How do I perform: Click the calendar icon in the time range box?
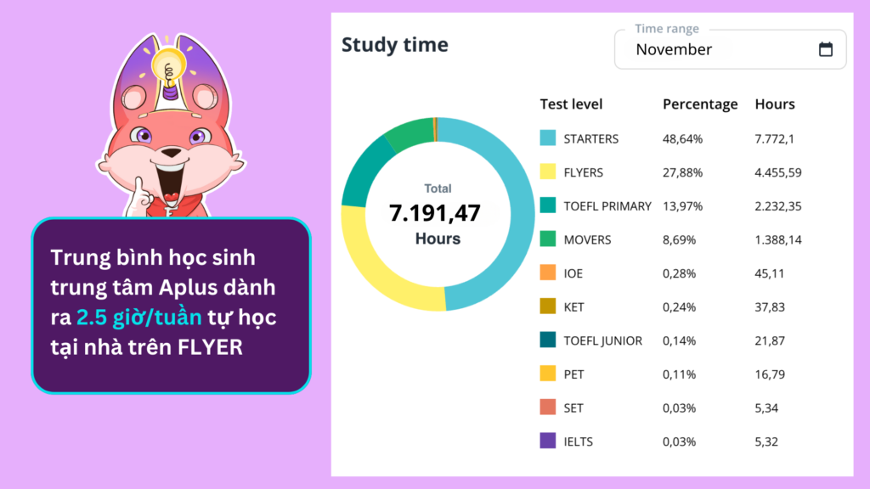click(x=825, y=49)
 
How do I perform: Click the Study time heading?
click(x=394, y=45)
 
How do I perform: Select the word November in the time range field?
click(x=674, y=49)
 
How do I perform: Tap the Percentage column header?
click(x=700, y=104)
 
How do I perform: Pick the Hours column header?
click(x=775, y=104)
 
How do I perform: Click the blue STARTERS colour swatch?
click(x=548, y=138)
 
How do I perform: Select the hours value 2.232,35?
click(x=778, y=206)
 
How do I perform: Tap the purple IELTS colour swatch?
click(x=548, y=441)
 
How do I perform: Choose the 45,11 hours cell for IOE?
click(x=770, y=273)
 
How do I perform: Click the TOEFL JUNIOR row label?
click(x=603, y=340)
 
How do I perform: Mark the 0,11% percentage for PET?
click(x=679, y=374)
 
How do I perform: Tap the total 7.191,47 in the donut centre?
click(x=435, y=214)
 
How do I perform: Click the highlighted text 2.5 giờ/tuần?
click(x=139, y=318)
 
